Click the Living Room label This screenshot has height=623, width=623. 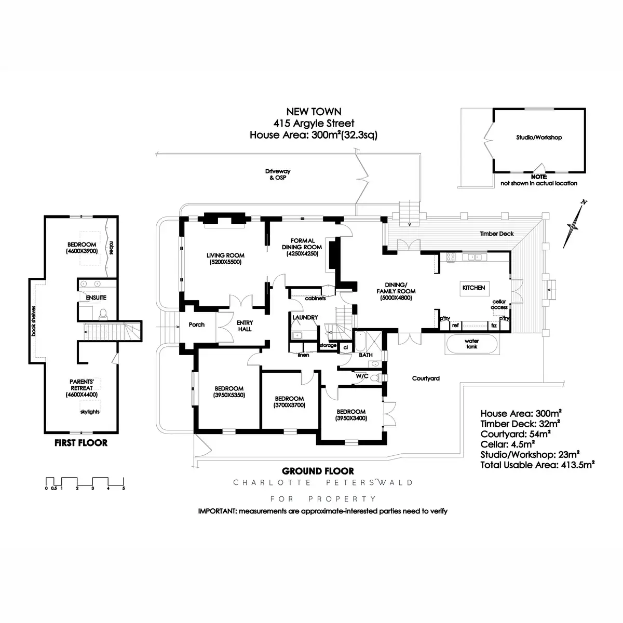(x=225, y=255)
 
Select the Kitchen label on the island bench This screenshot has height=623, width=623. (x=473, y=288)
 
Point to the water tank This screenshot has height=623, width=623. (x=471, y=344)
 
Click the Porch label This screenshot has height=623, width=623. (x=196, y=325)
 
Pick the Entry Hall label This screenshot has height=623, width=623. (x=245, y=326)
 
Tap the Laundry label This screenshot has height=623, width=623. (x=305, y=318)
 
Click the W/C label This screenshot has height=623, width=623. (x=362, y=376)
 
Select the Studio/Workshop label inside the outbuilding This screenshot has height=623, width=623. (x=539, y=138)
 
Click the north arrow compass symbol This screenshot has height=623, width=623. (x=574, y=224)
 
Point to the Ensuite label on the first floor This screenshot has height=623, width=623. (x=97, y=298)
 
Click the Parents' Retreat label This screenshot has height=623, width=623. (x=82, y=385)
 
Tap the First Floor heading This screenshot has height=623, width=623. (x=81, y=443)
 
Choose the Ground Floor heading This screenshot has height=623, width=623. (x=318, y=471)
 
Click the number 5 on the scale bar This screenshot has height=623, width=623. (x=124, y=489)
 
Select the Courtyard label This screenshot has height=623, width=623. (x=426, y=378)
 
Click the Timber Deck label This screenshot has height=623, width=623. (x=496, y=234)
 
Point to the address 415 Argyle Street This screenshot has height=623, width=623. (x=314, y=124)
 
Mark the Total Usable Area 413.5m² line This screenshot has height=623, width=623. (x=537, y=465)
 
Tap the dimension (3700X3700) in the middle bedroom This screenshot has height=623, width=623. (x=290, y=405)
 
